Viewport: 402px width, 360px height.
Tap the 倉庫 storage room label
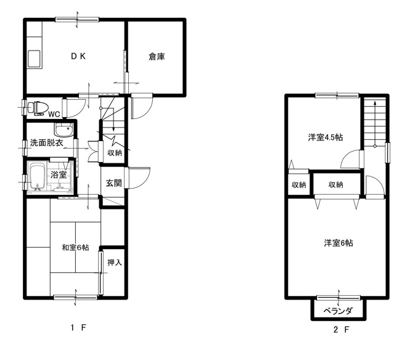157,57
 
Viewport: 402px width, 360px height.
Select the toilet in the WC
38,108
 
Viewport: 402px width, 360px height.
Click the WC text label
54,114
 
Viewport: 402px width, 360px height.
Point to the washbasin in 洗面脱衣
64,129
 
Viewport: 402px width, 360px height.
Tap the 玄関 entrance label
113,183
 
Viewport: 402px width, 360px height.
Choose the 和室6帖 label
75,247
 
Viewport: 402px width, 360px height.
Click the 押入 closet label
114,263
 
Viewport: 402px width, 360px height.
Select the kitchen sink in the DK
34,59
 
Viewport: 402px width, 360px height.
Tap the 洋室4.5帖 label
325,137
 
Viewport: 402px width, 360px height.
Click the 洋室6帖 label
338,243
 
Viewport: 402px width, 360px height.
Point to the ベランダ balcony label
338,311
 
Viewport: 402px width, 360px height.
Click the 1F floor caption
78,327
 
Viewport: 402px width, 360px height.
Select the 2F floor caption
341,330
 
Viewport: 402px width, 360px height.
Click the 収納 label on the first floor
114,153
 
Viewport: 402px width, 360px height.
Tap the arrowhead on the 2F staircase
375,104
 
